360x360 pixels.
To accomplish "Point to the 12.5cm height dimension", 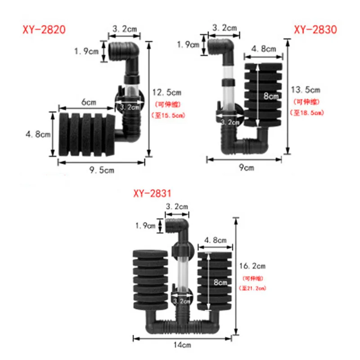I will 166,93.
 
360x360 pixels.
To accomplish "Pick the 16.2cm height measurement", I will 255,266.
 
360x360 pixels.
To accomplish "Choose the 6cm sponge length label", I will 89,102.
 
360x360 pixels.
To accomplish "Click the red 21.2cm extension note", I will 255,288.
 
